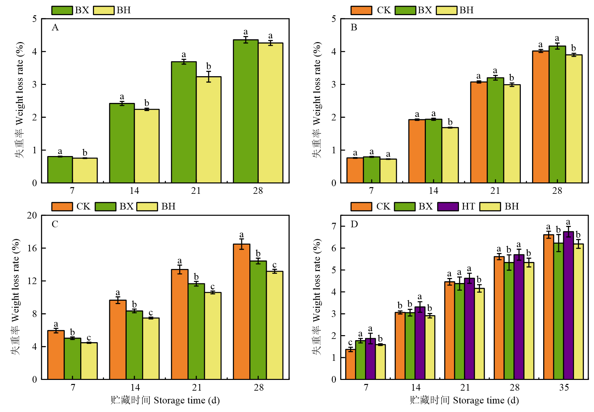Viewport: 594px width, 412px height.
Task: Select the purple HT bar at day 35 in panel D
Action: [x=568, y=305]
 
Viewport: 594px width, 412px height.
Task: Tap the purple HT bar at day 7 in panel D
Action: [x=370, y=359]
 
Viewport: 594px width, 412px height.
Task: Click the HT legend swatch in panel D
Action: [x=448, y=207]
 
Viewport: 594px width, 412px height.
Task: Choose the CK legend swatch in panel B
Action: [x=361, y=10]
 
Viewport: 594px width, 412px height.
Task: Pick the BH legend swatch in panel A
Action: [x=104, y=10]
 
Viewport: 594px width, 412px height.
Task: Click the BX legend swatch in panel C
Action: [x=105, y=207]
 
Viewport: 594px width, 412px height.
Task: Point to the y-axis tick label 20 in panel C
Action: [x=32, y=216]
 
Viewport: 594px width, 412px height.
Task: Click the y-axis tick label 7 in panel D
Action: [x=334, y=227]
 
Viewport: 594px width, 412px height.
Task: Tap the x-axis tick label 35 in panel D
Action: [x=564, y=388]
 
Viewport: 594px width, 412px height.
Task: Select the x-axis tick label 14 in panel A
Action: [x=134, y=191]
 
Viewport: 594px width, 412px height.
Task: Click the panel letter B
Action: [x=354, y=27]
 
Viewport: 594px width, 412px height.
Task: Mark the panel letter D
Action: [x=354, y=224]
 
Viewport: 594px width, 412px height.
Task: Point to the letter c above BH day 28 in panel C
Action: [x=274, y=265]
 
